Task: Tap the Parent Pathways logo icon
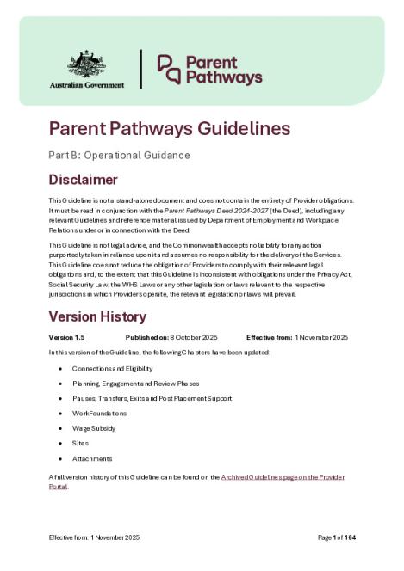[168, 70]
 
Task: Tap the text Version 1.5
[68, 336]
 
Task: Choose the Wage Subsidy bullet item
[96, 428]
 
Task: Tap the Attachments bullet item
[92, 458]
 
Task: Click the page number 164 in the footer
[350, 537]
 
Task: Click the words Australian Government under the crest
[86, 85]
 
